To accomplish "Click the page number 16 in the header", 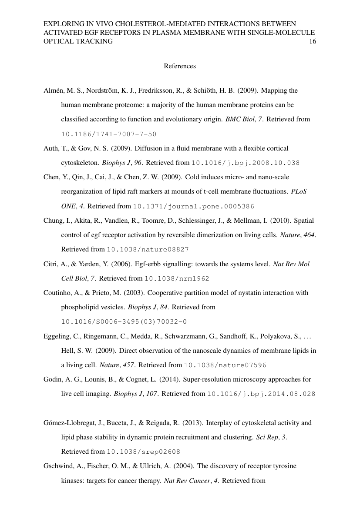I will click(312, 41).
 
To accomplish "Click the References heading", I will click(180, 66).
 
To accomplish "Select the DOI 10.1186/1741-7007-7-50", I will click(108, 134).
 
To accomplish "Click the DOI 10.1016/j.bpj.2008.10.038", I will click(246, 163).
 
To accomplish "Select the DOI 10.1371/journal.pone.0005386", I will click(193, 206).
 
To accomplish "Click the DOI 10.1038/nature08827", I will click(148, 250).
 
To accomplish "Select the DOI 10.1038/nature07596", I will click(225, 365).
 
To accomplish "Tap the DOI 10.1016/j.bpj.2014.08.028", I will click(261, 394).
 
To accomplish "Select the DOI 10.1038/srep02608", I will click(143, 452).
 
